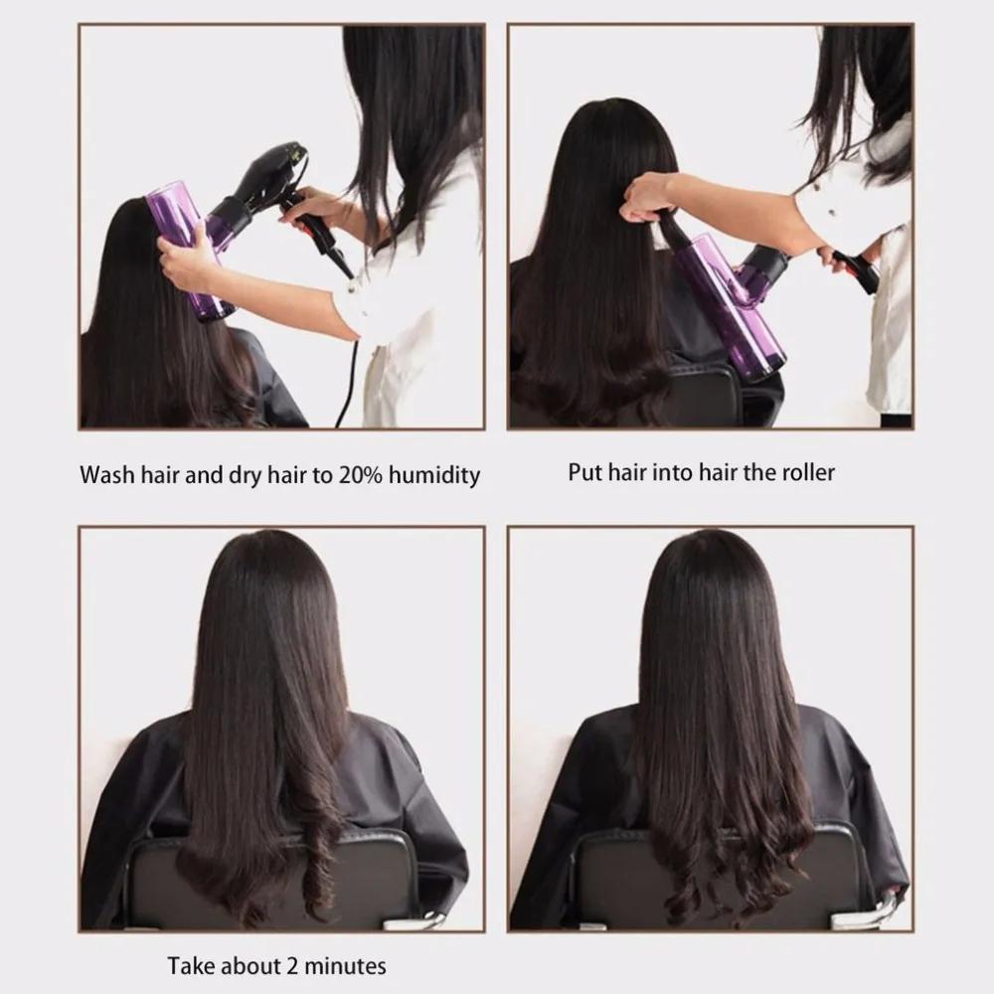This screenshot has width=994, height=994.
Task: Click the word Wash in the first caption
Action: point(106,474)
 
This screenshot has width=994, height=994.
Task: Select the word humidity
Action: point(431,474)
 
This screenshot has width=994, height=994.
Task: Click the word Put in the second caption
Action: point(584,471)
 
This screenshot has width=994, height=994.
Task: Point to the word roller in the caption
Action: point(806,471)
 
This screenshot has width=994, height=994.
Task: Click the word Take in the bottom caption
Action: point(189,964)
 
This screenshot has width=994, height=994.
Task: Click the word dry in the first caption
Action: point(250,474)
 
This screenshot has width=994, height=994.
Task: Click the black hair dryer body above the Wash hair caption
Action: point(263,179)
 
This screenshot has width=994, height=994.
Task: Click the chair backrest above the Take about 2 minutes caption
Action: point(278,880)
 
